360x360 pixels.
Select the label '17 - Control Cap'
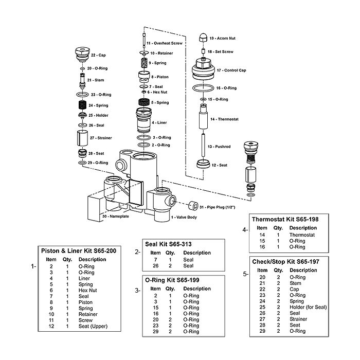(231, 70)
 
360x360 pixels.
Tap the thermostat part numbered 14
(204, 118)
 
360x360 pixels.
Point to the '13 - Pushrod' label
(219, 147)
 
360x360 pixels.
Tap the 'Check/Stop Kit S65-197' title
(285, 261)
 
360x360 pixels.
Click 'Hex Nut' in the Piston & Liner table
(87, 290)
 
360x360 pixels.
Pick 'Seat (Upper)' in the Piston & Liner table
(93, 326)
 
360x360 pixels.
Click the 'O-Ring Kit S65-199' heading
(172, 279)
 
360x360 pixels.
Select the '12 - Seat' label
(220, 165)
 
